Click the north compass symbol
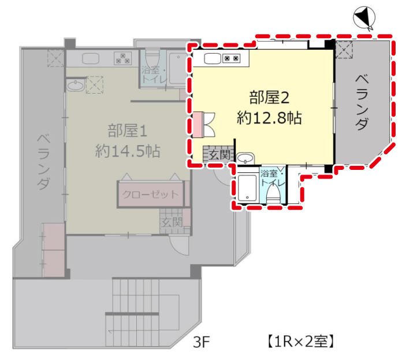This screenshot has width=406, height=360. coord(364,18)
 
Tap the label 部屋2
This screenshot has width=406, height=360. coord(269,98)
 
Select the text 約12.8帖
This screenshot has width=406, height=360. coord(269,118)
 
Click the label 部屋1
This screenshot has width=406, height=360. coord(128,131)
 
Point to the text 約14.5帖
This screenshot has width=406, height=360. coord(128,151)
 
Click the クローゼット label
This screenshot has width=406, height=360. coord(150,194)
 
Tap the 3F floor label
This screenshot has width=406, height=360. coord(201,342)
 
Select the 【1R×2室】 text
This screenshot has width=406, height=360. coord(300,342)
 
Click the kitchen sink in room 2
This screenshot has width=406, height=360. coord(213,58)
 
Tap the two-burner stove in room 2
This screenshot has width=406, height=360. coord(232,58)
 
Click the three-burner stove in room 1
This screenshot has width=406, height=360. coord(123,58)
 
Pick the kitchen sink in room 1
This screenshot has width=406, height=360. coord(91,58)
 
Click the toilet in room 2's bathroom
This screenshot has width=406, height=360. coord(273,194)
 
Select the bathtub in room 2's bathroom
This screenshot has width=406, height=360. coord(247,188)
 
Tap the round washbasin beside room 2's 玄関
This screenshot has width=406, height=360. coord(245,158)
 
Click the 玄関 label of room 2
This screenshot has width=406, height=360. coord(219,155)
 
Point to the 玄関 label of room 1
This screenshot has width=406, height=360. coord(172,222)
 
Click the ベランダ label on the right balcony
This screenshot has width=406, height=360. coord(362,102)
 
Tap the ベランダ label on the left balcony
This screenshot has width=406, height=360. coord(43,162)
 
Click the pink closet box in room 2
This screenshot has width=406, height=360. coord(198,124)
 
